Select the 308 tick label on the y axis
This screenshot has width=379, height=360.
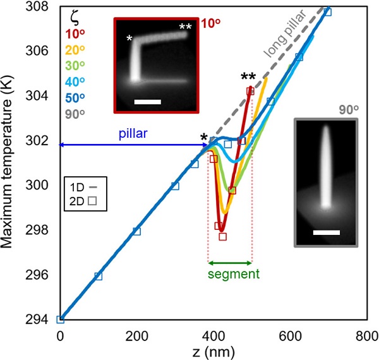[x=44, y=6]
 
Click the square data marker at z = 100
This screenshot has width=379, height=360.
[x=98, y=276]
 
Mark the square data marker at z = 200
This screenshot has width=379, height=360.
[x=136, y=231]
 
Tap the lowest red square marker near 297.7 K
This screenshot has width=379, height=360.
[x=222, y=237]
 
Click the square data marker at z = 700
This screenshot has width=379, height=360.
[x=327, y=13]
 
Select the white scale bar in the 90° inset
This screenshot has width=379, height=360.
[x=326, y=232]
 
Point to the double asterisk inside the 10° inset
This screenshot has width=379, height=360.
[x=185, y=27]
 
